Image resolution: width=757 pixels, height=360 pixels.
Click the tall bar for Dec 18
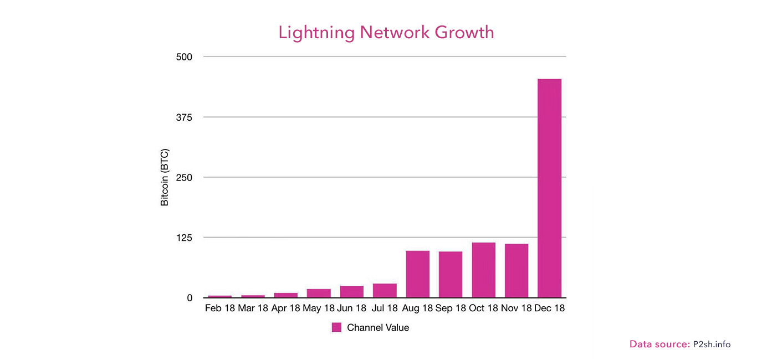pyautogui.click(x=549, y=188)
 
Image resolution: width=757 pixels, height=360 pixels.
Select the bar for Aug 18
pyautogui.click(x=417, y=274)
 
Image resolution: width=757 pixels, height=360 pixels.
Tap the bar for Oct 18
pyautogui.click(x=483, y=270)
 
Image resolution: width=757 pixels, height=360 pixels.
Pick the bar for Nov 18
pyautogui.click(x=516, y=271)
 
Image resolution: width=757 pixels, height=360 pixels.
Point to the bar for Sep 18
pyautogui.click(x=451, y=275)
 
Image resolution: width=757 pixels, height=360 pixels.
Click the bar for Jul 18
pyautogui.click(x=385, y=291)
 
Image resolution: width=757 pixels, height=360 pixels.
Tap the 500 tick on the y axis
pyautogui.click(x=184, y=57)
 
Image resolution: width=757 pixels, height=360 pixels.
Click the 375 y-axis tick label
pyautogui.click(x=184, y=117)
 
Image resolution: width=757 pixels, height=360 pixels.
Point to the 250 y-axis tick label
pyautogui.click(x=184, y=177)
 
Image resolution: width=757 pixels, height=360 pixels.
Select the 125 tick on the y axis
pyautogui.click(x=184, y=238)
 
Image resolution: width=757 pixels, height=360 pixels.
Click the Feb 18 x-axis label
pyautogui.click(x=220, y=308)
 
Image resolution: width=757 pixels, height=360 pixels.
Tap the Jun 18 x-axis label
pyautogui.click(x=352, y=308)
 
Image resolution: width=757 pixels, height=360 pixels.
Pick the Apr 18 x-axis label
pyautogui.click(x=286, y=308)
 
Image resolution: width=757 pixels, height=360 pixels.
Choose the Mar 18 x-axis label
pyautogui.click(x=253, y=308)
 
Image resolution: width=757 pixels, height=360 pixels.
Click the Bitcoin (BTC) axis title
pyautogui.click(x=165, y=177)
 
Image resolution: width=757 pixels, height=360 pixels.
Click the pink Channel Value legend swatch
pyautogui.click(x=336, y=327)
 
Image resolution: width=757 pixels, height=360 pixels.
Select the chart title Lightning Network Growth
pyautogui.click(x=386, y=32)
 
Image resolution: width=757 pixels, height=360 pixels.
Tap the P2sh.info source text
pyautogui.click(x=712, y=344)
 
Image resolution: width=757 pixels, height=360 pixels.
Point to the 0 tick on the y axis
pyautogui.click(x=190, y=298)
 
